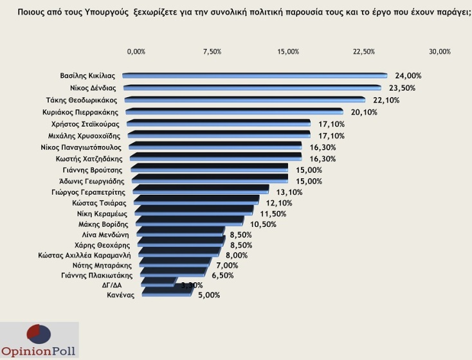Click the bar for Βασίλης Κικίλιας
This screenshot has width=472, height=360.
[x=255, y=76]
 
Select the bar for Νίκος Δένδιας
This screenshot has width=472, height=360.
[x=253, y=88]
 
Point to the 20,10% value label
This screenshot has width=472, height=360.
[x=365, y=112]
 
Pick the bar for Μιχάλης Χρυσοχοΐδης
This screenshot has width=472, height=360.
[x=219, y=136]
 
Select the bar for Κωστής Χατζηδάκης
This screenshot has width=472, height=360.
[x=216, y=158]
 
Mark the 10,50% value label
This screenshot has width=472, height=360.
[x=264, y=224]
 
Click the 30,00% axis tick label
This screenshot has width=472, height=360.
[x=440, y=51]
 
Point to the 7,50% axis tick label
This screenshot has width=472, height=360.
[x=212, y=51]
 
